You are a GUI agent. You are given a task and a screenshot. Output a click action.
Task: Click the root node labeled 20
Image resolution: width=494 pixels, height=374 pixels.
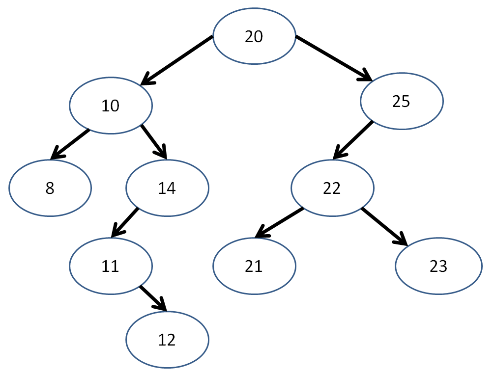pyautogui.click(x=254, y=36)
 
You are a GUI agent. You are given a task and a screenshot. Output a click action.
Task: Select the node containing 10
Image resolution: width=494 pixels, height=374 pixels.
pyautogui.click(x=111, y=106)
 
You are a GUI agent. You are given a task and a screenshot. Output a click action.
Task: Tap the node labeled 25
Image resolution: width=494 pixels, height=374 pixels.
pyautogui.click(x=402, y=101)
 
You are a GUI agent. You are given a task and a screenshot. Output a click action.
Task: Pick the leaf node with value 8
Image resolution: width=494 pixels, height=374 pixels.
pyautogui.click(x=50, y=188)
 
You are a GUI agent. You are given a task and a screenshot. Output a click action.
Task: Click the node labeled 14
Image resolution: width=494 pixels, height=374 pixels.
pyautogui.click(x=167, y=188)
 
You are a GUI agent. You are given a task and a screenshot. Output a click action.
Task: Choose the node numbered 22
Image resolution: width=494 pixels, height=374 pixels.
pyautogui.click(x=332, y=188)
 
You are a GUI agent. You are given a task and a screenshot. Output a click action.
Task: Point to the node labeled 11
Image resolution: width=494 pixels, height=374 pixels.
pyautogui.click(x=111, y=266)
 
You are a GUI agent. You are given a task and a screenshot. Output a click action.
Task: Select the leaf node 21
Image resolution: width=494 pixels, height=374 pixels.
pyautogui.click(x=254, y=266)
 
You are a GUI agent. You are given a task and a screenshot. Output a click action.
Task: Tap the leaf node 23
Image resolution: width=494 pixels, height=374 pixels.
pyautogui.click(x=438, y=266)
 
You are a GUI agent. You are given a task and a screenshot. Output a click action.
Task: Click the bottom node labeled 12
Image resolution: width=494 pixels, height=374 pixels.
pyautogui.click(x=167, y=340)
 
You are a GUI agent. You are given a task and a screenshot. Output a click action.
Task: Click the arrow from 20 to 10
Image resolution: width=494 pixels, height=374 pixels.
pyautogui.click(x=176, y=60)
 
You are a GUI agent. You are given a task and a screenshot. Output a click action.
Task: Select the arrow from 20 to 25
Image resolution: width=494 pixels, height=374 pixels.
pyautogui.click(x=334, y=58)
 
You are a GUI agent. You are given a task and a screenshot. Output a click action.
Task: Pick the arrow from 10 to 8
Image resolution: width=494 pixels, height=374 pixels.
pyautogui.click(x=70, y=144)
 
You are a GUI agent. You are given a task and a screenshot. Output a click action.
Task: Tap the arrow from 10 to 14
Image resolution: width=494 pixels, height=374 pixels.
pyautogui.click(x=154, y=142)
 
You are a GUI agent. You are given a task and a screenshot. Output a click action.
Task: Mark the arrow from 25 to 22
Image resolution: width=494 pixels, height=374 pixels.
pyautogui.click(x=353, y=140)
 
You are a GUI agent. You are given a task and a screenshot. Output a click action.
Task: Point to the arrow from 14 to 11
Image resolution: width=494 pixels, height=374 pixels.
pyautogui.click(x=124, y=222)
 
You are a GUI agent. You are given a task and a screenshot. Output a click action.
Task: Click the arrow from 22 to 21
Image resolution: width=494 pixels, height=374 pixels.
pyautogui.click(x=279, y=222)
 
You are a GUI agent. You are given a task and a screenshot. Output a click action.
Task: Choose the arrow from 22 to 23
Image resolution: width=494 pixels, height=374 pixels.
pyautogui.click(x=385, y=226)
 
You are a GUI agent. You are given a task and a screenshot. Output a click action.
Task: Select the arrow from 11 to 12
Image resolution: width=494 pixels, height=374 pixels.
pyautogui.click(x=153, y=298)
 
